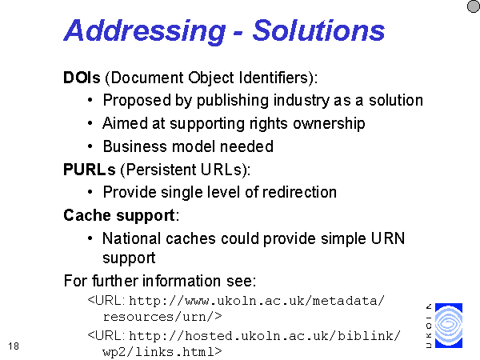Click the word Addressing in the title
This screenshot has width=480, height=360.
[145, 31]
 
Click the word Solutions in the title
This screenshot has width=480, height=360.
[318, 30]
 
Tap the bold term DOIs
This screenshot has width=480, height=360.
[82, 78]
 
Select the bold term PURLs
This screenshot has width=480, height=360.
[90, 170]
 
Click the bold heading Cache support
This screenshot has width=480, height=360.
[119, 216]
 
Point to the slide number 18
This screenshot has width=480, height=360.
[14, 346]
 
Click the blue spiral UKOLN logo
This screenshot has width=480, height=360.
[449, 326]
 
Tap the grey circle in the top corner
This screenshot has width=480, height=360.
[474, 6]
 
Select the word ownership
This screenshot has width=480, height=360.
[329, 123]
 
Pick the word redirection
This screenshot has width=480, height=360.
[299, 192]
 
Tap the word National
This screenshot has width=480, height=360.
[132, 238]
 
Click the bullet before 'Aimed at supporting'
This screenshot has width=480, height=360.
[90, 123]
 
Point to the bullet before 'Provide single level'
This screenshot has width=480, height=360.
[90, 192]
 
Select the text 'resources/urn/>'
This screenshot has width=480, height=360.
[162, 317]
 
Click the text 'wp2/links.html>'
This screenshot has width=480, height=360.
[162, 351]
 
